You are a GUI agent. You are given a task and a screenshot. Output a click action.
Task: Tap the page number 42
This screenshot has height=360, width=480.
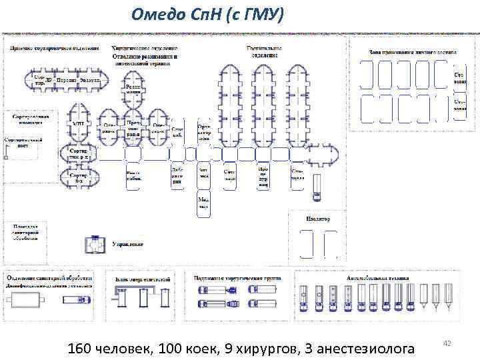point(447,343)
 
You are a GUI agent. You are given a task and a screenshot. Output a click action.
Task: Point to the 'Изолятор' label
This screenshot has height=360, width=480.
point(317,219)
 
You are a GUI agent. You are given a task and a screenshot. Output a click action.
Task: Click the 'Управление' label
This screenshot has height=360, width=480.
point(128,245)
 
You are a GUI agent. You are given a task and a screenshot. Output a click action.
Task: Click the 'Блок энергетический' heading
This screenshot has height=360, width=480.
point(143,279)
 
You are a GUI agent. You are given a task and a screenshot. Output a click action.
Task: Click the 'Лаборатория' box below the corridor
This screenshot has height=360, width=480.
point(177,175)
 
